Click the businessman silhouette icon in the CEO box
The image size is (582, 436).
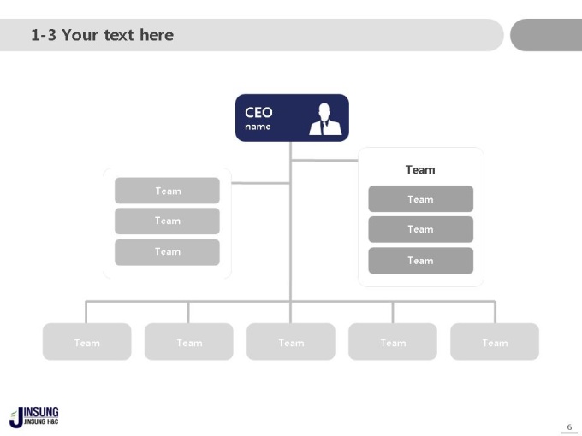tap(325, 119)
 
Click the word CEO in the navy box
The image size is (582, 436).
tap(258, 112)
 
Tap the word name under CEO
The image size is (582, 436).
tap(258, 127)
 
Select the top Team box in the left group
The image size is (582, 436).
tap(167, 191)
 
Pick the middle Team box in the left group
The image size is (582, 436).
tap(167, 221)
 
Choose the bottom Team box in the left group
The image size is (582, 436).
tap(167, 252)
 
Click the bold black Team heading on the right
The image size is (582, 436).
tap(420, 170)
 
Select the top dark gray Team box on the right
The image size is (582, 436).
tap(421, 199)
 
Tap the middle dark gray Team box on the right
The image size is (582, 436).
tap(421, 229)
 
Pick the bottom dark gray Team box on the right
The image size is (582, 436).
tap(421, 261)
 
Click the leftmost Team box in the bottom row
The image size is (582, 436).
tap(86, 341)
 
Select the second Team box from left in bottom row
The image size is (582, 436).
tap(189, 341)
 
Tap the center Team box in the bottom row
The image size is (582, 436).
tap(291, 341)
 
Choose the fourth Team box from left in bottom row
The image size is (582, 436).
tap(393, 341)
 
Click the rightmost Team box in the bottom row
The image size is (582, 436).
tap(495, 341)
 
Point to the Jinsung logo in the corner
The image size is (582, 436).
tap(33, 417)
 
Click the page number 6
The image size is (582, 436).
tap(569, 427)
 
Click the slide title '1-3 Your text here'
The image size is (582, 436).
tap(102, 35)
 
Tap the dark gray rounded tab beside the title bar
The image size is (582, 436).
tap(546, 35)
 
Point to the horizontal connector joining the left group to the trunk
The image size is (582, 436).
tap(260, 183)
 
